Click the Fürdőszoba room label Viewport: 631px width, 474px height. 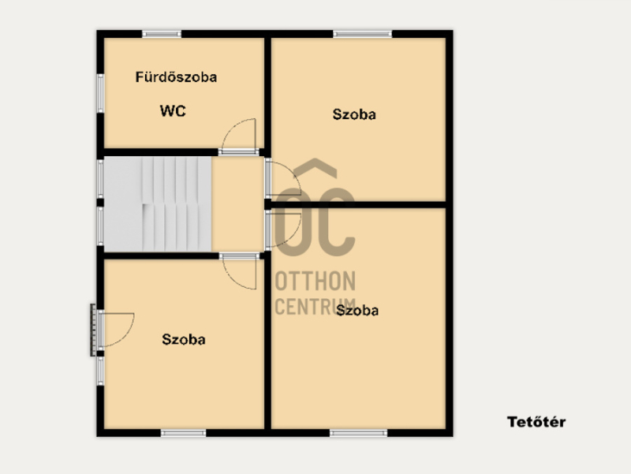point(176,77)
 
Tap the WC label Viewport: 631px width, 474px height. point(173,110)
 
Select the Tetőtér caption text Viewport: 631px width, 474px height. point(536,422)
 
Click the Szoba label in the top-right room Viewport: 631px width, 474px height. point(354,114)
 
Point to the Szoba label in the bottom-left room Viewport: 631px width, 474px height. point(184,339)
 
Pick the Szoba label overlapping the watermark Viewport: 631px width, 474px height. point(357,310)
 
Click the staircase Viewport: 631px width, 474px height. point(158,203)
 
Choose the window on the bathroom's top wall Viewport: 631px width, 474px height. point(162,34)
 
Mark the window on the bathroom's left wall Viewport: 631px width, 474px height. point(100,93)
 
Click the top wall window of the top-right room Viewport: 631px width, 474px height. point(363,34)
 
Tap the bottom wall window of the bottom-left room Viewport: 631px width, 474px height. point(184,433)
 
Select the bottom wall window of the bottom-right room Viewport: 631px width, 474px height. point(359,433)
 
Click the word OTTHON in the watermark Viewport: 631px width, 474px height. point(315,281)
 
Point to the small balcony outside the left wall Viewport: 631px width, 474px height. point(93,330)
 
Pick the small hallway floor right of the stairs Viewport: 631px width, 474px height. point(237,203)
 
